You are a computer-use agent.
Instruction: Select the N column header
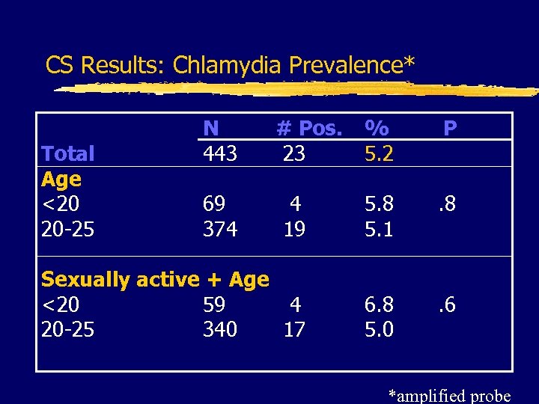211,128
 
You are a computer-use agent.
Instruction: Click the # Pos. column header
309,129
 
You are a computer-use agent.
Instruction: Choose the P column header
450,129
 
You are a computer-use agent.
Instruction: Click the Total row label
68,154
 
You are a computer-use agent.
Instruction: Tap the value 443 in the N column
220,154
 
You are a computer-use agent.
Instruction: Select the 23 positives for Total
294,154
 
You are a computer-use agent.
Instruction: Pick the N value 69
215,204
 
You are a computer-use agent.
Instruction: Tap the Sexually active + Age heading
155,280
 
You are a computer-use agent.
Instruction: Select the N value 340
220,330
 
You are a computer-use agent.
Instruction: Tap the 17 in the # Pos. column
294,330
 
